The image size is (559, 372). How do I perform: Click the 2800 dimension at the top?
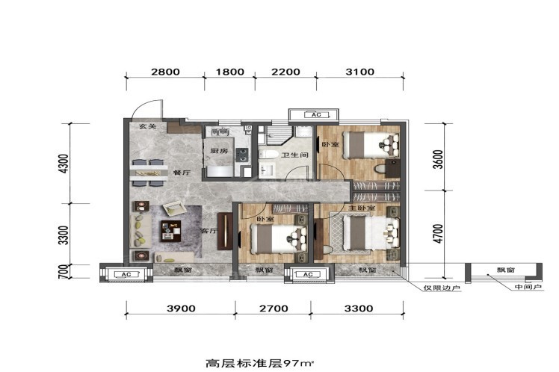click(165, 72)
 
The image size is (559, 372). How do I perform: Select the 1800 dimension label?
click(230, 72)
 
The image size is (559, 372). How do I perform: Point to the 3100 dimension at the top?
click(360, 72)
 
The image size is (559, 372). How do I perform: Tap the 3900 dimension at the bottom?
click(181, 309)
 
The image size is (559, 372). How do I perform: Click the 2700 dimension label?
click(274, 309)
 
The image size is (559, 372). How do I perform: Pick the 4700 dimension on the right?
click(439, 233)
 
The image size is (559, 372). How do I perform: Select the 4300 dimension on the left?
click(63, 164)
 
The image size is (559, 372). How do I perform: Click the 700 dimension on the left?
click(63, 271)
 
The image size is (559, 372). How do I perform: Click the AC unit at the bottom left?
click(126, 274)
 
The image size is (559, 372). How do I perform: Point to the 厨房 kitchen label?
click(219, 151)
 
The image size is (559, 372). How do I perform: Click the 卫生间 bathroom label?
click(294, 155)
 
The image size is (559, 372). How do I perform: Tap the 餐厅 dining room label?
click(182, 173)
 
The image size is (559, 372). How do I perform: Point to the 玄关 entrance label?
click(147, 126)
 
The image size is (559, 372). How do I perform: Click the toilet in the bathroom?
click(268, 155)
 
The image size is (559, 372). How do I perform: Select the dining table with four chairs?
click(149, 173)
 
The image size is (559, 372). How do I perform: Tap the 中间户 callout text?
click(528, 287)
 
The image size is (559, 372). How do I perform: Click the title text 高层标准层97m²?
click(260, 364)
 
